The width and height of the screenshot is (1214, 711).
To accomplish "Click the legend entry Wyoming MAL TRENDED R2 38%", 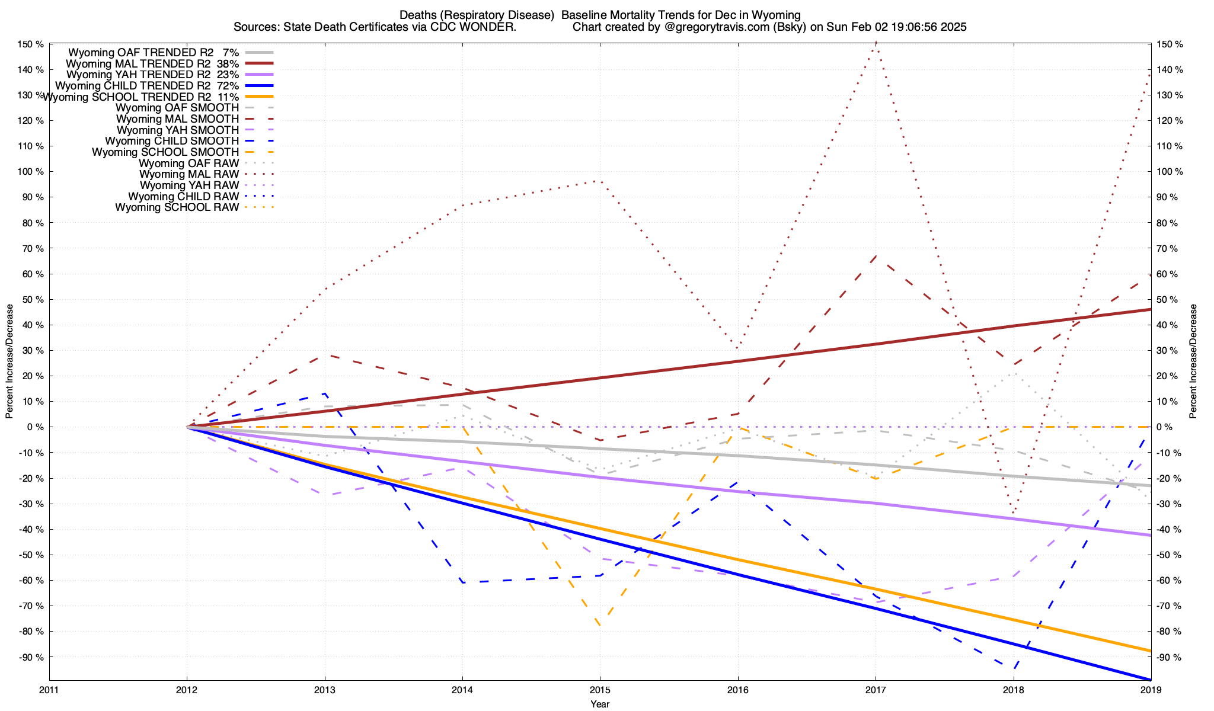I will [152, 63].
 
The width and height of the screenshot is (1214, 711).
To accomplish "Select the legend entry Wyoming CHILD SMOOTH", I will [172, 141].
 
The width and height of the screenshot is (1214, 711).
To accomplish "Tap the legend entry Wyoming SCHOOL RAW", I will [177, 207].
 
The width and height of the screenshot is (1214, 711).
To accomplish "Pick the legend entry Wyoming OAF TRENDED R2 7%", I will [154, 52].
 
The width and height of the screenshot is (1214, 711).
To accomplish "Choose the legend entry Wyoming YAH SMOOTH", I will [178, 130].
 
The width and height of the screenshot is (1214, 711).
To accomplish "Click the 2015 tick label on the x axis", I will [600, 690].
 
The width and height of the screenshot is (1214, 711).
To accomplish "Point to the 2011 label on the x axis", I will [49, 690].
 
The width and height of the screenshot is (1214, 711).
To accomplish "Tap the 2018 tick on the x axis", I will [1013, 690].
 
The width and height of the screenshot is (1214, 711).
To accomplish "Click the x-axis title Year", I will [600, 704].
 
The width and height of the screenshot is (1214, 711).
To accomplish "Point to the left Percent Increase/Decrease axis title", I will [9, 361].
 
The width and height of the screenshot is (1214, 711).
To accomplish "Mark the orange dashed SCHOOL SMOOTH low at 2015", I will [600, 626].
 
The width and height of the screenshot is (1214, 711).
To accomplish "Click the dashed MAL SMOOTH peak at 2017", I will [876, 256].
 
